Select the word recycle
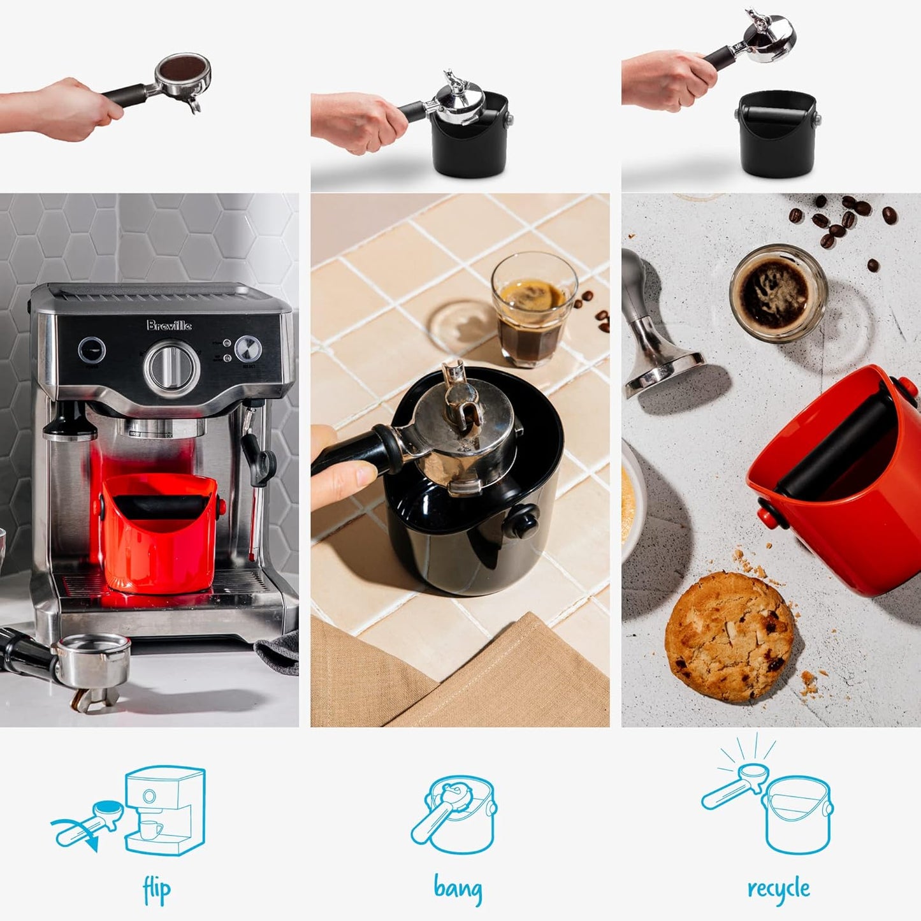pyautogui.click(x=778, y=888)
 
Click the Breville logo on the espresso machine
pyautogui.click(x=169, y=326)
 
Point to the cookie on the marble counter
pyautogui.click(x=730, y=636)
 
